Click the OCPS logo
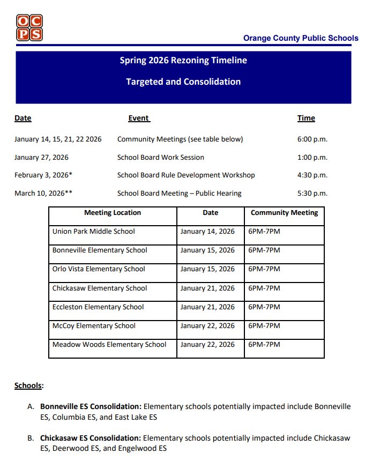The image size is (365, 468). (29, 28)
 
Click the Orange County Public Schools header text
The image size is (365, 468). (300, 38)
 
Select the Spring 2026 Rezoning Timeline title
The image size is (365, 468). (183, 61)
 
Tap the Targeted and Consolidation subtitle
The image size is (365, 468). (183, 82)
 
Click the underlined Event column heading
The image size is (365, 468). (139, 118)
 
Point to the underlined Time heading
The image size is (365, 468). (306, 118)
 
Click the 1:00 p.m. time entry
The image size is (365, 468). (312, 158)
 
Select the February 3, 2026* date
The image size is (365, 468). (43, 175)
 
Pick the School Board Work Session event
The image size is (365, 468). (161, 158)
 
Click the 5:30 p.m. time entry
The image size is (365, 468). (312, 194)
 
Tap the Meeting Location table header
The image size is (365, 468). (113, 213)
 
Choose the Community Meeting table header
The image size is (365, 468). (284, 213)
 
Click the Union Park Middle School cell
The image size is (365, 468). (94, 232)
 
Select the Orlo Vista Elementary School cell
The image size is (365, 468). (99, 269)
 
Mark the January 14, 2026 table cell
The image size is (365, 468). (207, 232)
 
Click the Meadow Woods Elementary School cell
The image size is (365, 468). (109, 345)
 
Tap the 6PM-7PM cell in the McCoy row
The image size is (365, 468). (264, 326)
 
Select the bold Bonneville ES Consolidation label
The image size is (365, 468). (91, 406)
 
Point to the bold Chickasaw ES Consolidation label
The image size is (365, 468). (91, 438)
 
